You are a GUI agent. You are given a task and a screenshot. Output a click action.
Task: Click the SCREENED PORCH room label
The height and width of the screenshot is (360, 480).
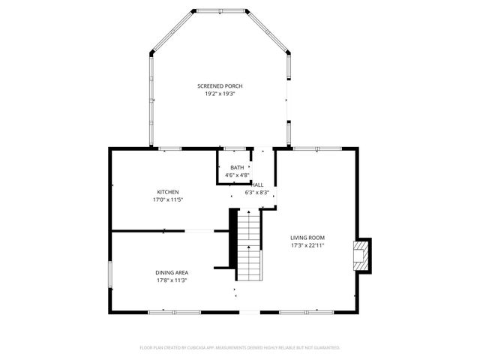point(220,86)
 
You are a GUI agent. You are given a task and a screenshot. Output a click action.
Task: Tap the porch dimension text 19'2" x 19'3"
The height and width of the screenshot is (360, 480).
point(220,94)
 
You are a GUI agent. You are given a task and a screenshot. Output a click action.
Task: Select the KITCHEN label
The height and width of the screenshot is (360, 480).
point(168,192)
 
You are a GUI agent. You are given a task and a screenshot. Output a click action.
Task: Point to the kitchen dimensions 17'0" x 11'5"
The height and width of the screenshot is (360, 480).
point(168,199)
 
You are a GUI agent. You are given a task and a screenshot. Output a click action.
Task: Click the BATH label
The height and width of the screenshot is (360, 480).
point(237,167)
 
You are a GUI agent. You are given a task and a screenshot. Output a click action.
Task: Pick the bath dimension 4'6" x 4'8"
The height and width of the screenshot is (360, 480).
point(237,175)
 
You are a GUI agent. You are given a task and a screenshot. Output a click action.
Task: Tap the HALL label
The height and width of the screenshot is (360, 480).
point(257,184)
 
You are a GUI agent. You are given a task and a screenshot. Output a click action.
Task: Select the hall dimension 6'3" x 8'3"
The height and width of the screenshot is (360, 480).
point(256,192)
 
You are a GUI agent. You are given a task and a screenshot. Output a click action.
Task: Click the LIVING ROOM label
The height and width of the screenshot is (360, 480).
point(307,238)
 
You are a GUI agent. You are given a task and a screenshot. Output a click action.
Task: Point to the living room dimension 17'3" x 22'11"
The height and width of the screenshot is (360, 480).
point(307,245)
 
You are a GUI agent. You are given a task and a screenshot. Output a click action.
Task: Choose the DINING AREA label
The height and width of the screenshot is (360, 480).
point(172,272)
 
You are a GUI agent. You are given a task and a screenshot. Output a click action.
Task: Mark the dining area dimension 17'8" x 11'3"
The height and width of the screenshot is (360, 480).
point(172,280)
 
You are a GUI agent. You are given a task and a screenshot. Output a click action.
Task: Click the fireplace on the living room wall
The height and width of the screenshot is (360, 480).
point(362,253)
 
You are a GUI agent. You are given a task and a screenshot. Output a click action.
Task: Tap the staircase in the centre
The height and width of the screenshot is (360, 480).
point(249,244)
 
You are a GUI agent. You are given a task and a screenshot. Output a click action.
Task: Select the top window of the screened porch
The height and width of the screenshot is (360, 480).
point(220,11)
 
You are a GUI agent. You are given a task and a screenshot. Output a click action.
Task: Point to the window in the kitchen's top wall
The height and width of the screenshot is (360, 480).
point(170,148)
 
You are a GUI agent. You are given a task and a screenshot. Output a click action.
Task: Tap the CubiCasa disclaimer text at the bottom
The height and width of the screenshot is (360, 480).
point(240,348)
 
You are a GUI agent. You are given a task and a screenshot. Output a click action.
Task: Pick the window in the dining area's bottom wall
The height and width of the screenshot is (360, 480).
point(166,311)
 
